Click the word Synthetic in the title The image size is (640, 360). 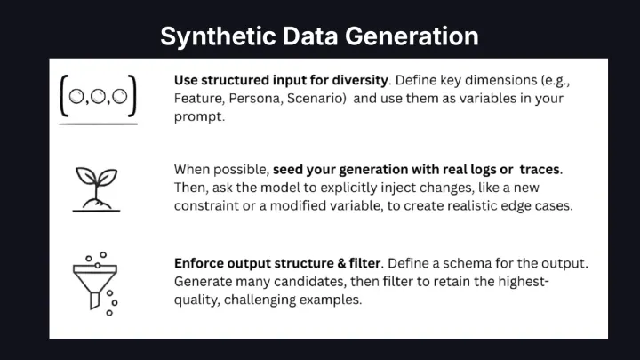218,36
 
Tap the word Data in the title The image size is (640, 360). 310,36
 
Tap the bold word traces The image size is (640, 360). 540,170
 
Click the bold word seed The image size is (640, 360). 288,170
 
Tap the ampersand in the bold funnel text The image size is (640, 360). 341,263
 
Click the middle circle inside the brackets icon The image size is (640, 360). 98,97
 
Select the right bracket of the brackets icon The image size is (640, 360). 132,96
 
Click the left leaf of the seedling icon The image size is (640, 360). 85,176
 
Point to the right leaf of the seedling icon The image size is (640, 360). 107,177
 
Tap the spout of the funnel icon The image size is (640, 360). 94,300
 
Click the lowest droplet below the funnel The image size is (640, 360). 109,313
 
